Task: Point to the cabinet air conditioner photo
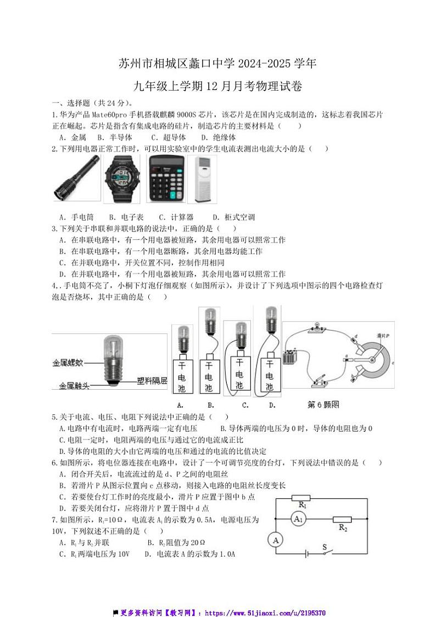202,179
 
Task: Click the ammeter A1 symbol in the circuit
297,519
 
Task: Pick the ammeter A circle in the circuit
277,541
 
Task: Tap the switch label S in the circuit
324,547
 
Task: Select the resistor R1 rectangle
301,498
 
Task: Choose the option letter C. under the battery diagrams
245,406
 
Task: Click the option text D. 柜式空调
233,217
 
